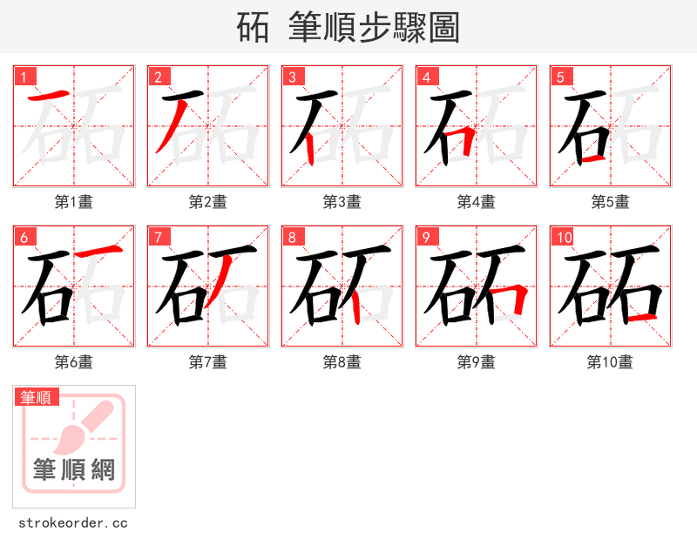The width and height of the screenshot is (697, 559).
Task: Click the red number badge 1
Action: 24,77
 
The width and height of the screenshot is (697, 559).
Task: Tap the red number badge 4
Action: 426,77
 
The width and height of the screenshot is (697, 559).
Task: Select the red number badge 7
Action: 158,237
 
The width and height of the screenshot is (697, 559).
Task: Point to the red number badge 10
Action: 564,237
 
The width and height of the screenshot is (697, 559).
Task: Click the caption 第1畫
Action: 74,201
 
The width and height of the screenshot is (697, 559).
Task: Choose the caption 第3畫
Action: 342,201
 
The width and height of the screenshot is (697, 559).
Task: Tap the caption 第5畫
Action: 611,201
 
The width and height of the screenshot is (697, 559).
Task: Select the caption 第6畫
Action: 74,361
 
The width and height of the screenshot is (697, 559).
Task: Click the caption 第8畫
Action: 342,361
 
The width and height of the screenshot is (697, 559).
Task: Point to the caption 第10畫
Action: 611,361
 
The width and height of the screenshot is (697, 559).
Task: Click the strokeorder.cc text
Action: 73,523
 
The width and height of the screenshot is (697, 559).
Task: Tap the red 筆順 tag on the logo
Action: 37,397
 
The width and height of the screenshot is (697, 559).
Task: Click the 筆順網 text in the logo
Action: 74,470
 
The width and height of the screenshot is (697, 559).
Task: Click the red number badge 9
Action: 426,237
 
